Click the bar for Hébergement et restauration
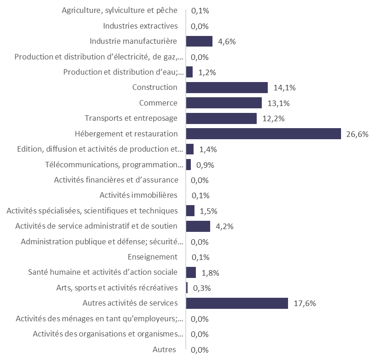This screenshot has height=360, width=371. (x=263, y=134)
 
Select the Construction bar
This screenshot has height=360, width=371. (x=227, y=88)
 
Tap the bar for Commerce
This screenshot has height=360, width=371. (x=224, y=103)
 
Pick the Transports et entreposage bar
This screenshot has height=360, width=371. (x=221, y=118)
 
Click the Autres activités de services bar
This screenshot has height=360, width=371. (x=237, y=303)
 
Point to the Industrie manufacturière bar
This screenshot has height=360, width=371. (x=199, y=41)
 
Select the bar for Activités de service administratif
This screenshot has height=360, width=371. (x=198, y=226)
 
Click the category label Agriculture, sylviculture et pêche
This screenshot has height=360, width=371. (x=119, y=11)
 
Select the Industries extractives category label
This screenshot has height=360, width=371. (x=140, y=26)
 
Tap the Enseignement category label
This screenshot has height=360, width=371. (x=152, y=257)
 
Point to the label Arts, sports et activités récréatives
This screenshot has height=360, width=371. (x=115, y=288)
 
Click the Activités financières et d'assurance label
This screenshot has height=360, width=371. (x=115, y=180)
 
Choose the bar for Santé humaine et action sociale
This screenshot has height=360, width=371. (x=191, y=272)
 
